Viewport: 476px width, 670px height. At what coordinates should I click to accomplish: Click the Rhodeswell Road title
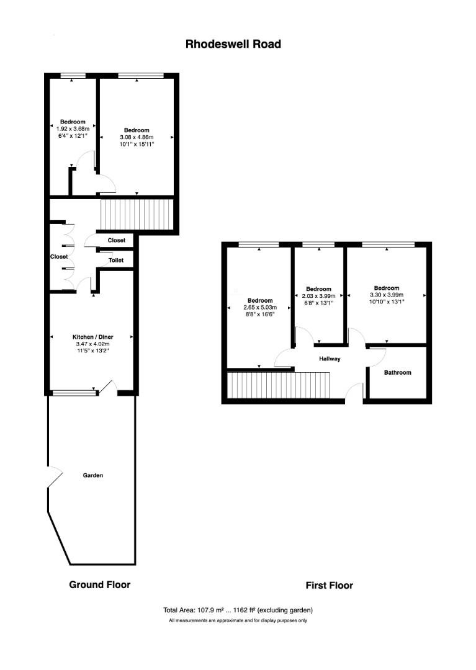click(233, 44)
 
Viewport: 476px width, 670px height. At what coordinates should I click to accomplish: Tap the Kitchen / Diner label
click(91, 337)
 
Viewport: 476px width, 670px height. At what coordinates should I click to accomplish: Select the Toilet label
click(116, 261)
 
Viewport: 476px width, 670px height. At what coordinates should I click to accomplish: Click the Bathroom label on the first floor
click(397, 373)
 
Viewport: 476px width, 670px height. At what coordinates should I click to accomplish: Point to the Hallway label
click(330, 359)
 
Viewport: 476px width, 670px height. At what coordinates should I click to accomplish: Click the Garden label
click(92, 476)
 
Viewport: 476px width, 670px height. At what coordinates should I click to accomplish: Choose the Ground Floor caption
click(99, 584)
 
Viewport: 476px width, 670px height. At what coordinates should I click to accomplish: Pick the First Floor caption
click(329, 585)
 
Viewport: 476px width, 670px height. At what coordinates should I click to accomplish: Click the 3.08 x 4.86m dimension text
click(136, 137)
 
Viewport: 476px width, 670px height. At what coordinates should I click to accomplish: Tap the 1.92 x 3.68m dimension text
click(73, 128)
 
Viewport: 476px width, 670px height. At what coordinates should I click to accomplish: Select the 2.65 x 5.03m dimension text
click(260, 308)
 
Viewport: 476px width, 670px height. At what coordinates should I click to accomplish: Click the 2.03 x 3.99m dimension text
click(318, 296)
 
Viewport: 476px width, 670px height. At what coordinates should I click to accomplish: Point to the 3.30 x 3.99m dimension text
click(386, 295)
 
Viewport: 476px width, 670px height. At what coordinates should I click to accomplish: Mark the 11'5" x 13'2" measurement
click(91, 351)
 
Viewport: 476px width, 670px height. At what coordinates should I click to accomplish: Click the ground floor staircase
click(136, 214)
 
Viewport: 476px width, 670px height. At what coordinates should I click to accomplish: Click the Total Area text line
click(238, 610)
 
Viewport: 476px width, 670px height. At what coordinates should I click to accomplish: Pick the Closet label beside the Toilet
click(117, 240)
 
